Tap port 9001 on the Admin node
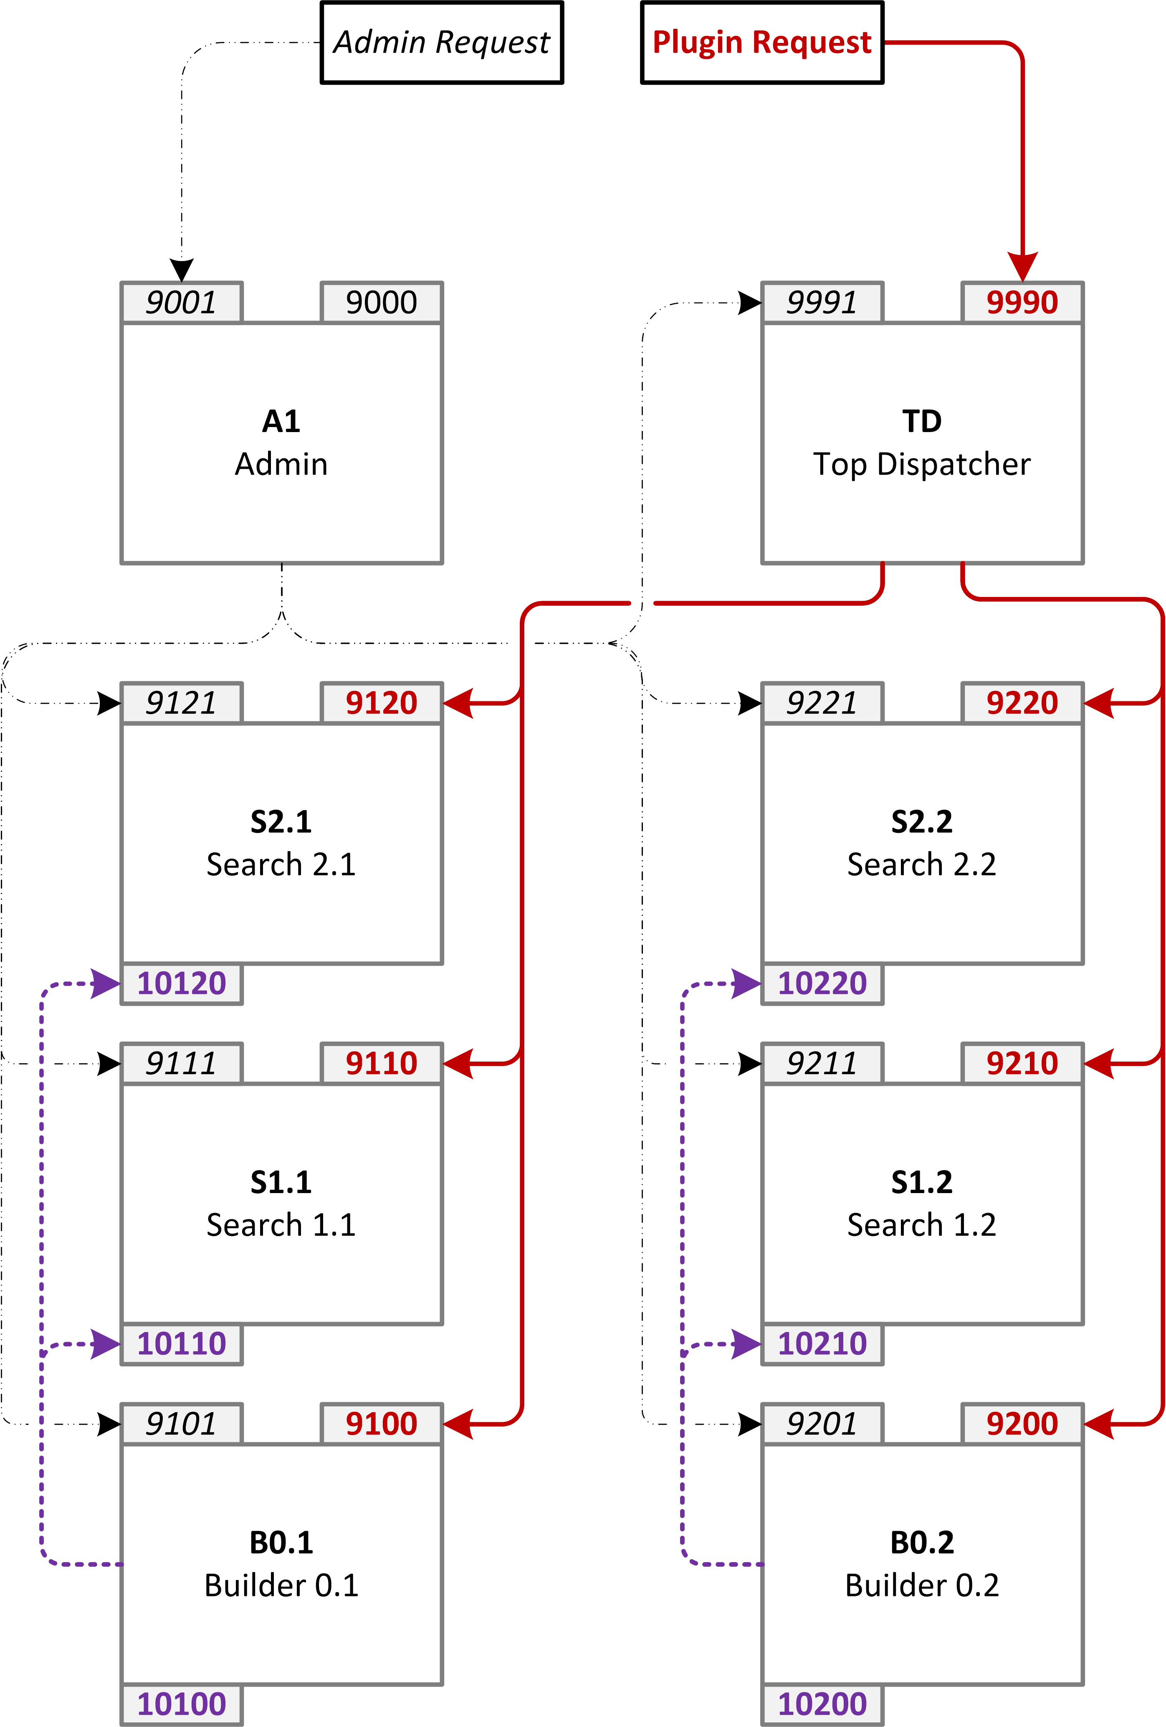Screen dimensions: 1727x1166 coord(181,303)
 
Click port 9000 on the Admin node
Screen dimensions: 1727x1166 coord(381,303)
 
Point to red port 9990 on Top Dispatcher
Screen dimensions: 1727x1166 coord(1022,303)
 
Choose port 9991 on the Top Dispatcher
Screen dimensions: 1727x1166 coord(822,303)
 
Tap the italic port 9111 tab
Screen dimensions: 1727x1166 coord(181,1063)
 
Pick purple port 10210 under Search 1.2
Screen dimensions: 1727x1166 coord(822,1343)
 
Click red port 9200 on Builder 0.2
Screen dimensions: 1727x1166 coord(1022,1424)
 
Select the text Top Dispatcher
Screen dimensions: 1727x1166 coord(921,465)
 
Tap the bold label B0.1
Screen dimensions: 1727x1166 coord(281,1543)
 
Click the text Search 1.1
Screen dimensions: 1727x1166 coord(281,1225)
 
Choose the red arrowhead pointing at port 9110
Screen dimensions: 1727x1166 coord(458,1063)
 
